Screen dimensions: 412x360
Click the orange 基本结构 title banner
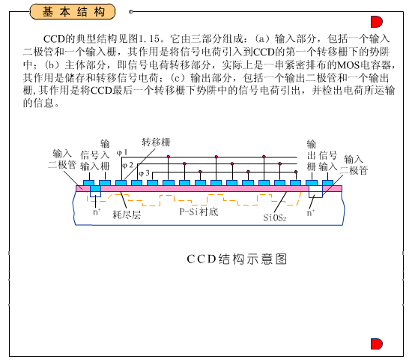(x=73, y=12)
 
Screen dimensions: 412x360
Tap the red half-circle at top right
(x=376, y=22)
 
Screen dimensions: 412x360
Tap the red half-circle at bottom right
(x=376, y=344)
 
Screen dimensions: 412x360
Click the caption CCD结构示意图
(x=237, y=259)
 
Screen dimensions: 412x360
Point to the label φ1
(x=122, y=152)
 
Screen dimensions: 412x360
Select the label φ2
(x=127, y=165)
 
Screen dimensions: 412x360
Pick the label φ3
(x=144, y=173)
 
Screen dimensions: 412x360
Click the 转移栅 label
(x=156, y=142)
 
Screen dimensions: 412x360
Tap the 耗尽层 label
(x=127, y=214)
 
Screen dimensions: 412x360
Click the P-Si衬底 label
(x=199, y=211)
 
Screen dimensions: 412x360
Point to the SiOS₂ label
(x=275, y=217)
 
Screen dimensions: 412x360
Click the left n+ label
(x=97, y=211)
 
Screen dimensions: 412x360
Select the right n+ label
(x=311, y=212)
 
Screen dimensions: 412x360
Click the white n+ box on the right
(x=315, y=191)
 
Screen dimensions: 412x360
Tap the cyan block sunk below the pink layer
(x=95, y=188)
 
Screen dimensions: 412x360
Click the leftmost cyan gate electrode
(x=88, y=183)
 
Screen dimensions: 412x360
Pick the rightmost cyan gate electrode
(x=327, y=183)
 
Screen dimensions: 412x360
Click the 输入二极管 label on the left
(x=62, y=159)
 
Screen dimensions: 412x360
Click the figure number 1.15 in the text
(x=149, y=39)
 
